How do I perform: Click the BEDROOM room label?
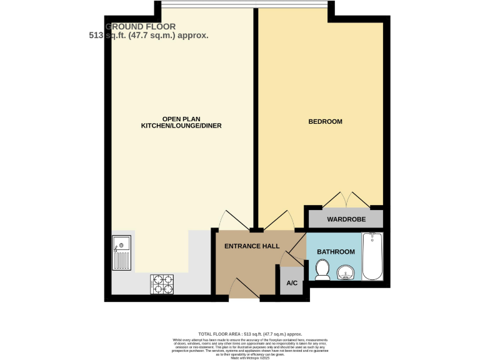tap(325, 121)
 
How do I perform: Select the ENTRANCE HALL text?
tap(252, 246)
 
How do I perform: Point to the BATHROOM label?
tap(336, 252)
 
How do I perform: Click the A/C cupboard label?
tap(292, 283)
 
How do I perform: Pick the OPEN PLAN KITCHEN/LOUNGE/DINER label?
tap(181, 122)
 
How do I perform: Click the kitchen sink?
tap(121, 251)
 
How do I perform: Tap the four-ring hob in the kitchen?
tap(162, 284)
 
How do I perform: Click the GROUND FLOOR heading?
tap(141, 26)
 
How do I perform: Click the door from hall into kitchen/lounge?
tap(232, 220)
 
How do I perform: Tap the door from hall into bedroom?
tap(277, 220)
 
